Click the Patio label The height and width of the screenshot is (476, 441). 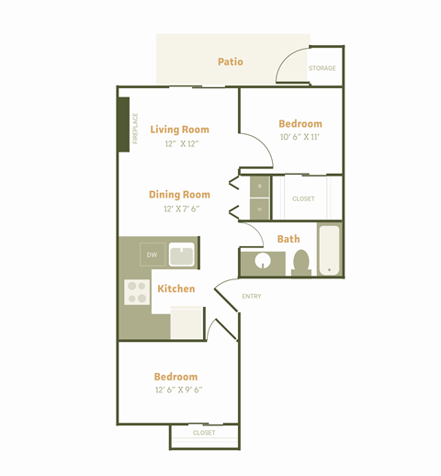(x=231, y=62)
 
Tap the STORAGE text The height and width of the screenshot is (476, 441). (x=322, y=68)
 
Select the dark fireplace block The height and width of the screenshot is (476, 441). (x=124, y=124)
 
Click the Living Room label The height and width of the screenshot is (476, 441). (x=179, y=130)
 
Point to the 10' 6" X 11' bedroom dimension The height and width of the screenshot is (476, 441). (x=300, y=137)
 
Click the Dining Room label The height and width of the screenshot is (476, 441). (x=179, y=195)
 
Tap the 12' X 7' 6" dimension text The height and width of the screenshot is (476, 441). (x=182, y=209)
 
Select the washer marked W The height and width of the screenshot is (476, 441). (x=260, y=187)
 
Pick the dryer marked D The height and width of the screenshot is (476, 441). (x=260, y=209)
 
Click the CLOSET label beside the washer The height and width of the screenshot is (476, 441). (x=303, y=198)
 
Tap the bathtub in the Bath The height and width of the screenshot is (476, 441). (x=329, y=250)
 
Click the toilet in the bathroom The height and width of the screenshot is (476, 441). (x=301, y=263)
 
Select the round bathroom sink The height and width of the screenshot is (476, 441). (x=263, y=261)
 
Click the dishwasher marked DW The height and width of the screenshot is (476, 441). (x=153, y=255)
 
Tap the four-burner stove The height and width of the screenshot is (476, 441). (x=137, y=292)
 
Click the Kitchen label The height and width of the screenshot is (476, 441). (x=176, y=289)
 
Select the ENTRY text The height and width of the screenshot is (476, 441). (x=252, y=296)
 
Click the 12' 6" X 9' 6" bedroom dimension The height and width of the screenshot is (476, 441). (x=179, y=390)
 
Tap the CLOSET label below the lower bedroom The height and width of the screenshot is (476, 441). (x=204, y=433)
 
